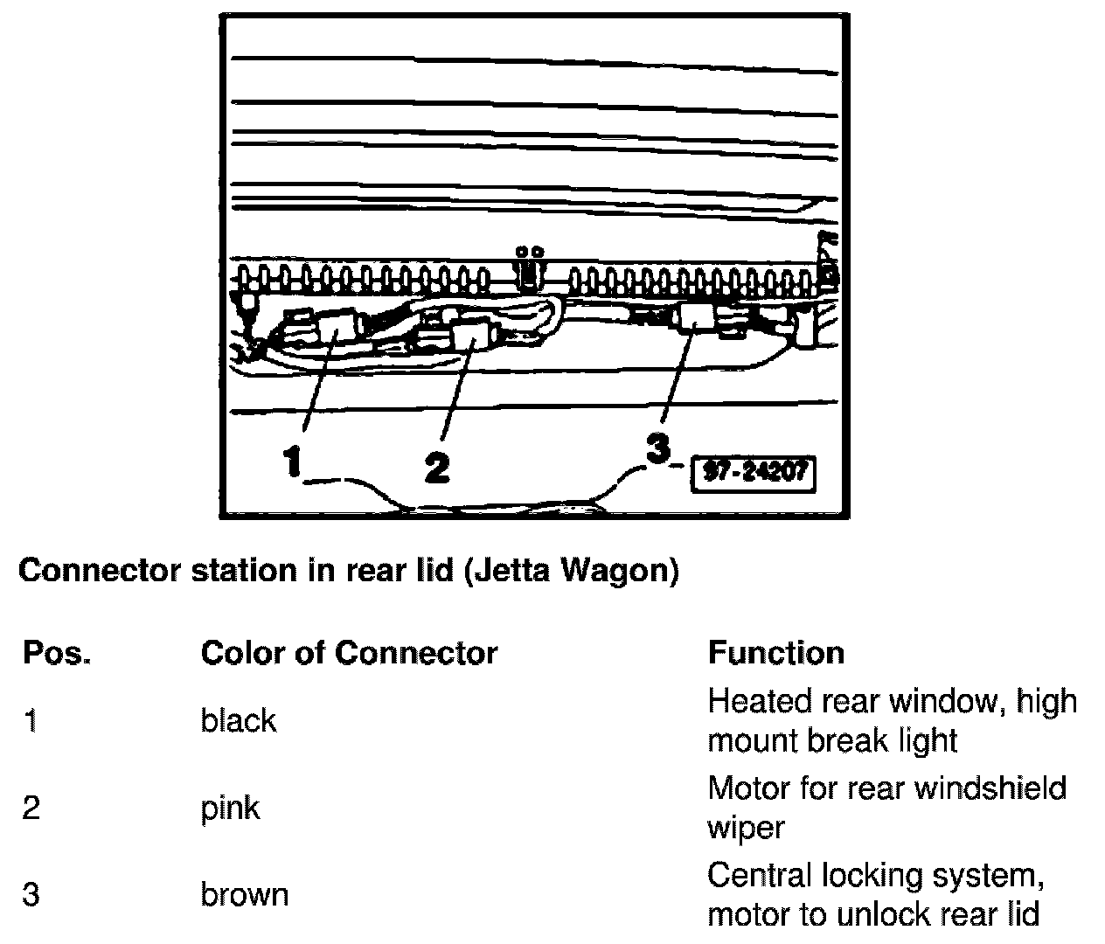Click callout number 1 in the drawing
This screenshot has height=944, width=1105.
click(x=293, y=461)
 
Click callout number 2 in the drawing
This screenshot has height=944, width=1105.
click(x=436, y=466)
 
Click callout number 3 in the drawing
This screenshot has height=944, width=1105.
click(x=657, y=448)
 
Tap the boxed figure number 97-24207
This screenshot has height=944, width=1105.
click(x=752, y=473)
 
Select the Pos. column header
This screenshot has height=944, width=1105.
click(x=57, y=653)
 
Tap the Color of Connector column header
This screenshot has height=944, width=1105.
click(x=349, y=653)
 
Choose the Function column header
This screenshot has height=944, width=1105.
click(x=775, y=653)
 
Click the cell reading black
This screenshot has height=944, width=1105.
click(x=238, y=721)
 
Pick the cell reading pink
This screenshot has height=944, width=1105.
click(x=230, y=809)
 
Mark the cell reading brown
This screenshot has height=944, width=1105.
click(x=244, y=895)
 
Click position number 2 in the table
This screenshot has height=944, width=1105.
click(x=31, y=809)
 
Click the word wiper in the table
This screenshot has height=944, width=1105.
click(x=745, y=827)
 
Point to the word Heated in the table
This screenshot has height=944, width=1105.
click(x=759, y=701)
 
